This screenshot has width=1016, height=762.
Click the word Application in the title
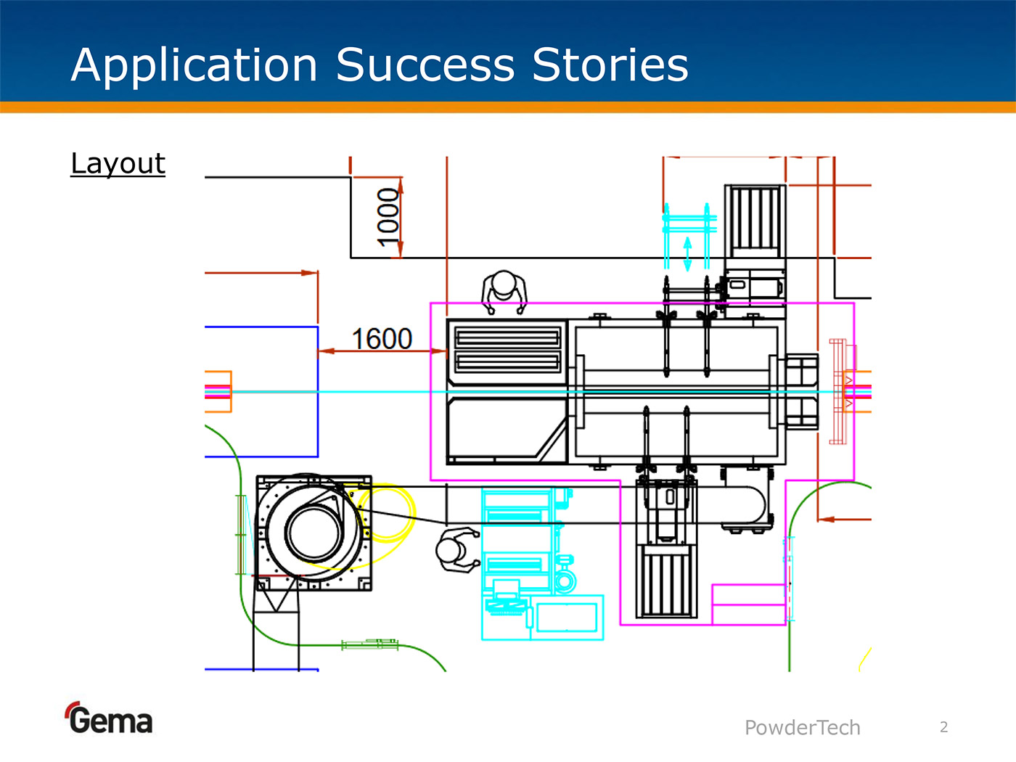[194, 65]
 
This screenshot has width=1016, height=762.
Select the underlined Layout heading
[118, 163]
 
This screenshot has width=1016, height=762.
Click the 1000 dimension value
[388, 216]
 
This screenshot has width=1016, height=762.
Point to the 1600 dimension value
[382, 339]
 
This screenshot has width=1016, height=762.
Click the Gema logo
[109, 719]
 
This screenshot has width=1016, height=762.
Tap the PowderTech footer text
[802, 727]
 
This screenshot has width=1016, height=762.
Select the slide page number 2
[943, 726]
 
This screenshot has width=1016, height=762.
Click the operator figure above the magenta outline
[504, 292]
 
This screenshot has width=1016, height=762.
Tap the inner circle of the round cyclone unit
[314, 532]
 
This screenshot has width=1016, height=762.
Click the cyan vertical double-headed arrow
[687, 254]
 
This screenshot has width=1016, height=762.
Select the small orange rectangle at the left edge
[218, 392]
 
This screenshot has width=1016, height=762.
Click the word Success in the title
[425, 65]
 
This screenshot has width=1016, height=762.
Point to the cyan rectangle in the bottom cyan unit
[566, 618]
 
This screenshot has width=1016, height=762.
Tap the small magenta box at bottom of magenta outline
[748, 604]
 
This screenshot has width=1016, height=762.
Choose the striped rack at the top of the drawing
[755, 218]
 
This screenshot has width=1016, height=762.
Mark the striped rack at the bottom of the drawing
[666, 581]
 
